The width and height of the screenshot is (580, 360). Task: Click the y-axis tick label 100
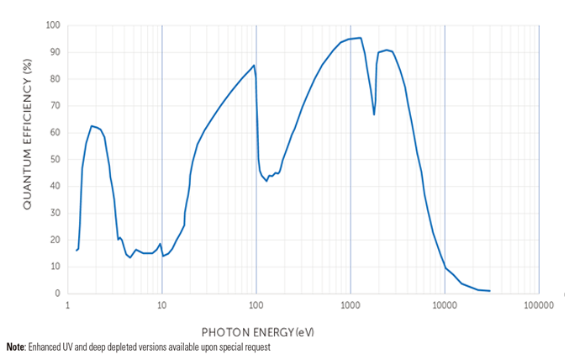(52, 25)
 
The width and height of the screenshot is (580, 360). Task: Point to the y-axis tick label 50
(54, 159)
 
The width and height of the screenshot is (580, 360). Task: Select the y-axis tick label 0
(56, 294)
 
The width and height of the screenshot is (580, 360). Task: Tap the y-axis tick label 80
(54, 79)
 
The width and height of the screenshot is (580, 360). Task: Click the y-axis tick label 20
(54, 240)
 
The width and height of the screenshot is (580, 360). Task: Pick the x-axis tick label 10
(162, 307)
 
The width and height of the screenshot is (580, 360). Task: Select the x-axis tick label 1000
(351, 307)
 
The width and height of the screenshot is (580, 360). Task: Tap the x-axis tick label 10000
(445, 307)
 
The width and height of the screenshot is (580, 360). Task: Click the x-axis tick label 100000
(539, 307)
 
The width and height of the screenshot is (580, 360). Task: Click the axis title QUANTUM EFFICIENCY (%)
(27, 159)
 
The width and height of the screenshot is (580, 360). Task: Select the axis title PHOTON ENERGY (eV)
(257, 332)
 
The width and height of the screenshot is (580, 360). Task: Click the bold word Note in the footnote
(15, 347)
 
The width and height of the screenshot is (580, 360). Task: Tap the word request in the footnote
(256, 347)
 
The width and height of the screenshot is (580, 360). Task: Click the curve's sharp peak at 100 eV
(253, 66)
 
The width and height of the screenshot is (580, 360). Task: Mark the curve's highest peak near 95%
(360, 38)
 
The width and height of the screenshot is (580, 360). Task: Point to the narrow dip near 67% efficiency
(374, 114)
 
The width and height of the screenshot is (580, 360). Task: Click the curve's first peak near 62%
(92, 126)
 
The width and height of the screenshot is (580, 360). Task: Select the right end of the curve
(489, 291)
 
